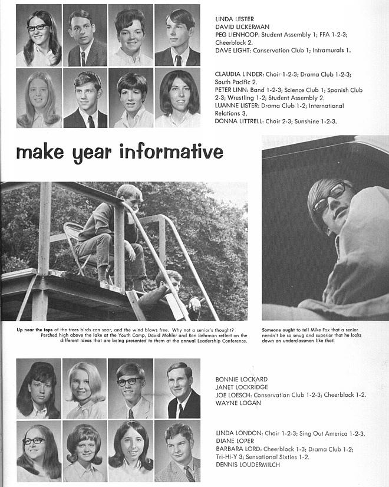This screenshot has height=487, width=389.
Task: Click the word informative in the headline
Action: pos(171,152)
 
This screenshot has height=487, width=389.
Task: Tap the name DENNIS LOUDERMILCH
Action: pos(246,465)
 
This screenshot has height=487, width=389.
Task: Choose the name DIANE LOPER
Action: pos(233,440)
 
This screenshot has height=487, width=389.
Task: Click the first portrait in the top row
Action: pos(38,35)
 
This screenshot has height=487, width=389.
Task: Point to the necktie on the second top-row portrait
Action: pos(83,57)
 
